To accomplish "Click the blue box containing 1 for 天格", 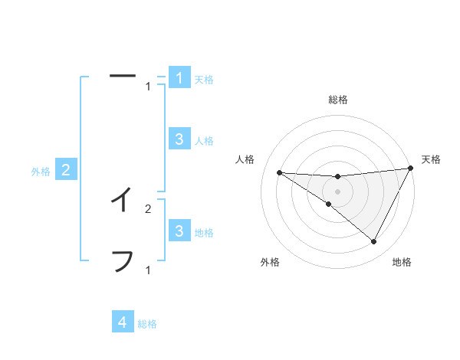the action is click(179, 78).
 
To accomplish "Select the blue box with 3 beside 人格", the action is click(179, 139).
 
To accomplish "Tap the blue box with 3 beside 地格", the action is click(179, 231).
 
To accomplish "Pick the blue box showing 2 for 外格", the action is click(66, 170).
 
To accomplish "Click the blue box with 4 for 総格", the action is click(123, 322).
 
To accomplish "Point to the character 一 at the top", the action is click(122, 76).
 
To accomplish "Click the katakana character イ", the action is click(122, 200).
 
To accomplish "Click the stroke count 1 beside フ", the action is click(148, 270).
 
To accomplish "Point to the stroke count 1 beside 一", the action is click(148, 86).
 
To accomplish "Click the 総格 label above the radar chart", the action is click(338, 100).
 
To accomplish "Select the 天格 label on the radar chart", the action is click(431, 159).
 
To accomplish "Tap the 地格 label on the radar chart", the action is click(402, 263).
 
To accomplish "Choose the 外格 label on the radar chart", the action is click(270, 263).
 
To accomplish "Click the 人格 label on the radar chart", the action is click(245, 159).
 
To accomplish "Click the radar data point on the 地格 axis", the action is click(374, 242).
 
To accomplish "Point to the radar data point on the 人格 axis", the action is click(279, 172).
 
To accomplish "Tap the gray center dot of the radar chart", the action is click(338, 191).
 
